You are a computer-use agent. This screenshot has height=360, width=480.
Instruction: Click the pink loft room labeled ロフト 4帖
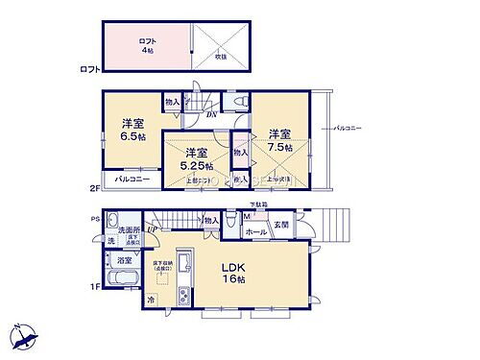146,45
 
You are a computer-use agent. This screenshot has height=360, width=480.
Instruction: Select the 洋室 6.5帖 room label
132,131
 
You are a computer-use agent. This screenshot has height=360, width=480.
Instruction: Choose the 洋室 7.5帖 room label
279,139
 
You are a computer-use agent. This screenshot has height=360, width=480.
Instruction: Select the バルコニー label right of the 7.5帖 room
348,128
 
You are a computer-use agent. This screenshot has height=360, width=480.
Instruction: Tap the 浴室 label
126,260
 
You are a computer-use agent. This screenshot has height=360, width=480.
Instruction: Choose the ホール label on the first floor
256,231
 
